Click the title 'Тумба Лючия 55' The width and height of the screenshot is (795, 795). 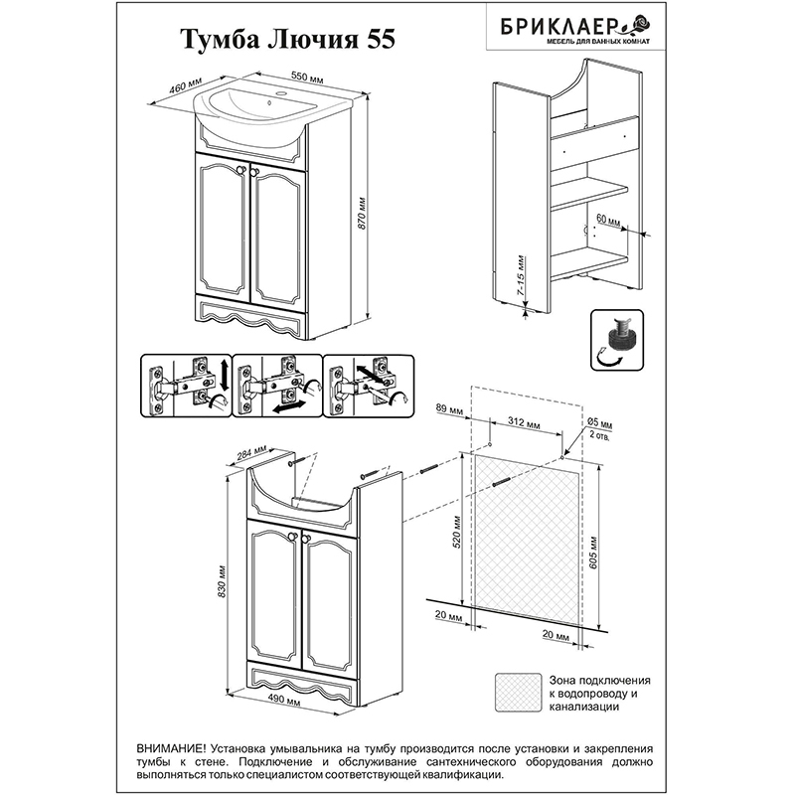[287, 40]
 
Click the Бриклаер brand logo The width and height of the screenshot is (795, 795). [575, 28]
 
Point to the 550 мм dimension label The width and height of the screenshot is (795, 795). [307, 78]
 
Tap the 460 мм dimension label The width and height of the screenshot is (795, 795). [185, 84]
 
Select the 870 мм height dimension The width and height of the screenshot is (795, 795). [362, 213]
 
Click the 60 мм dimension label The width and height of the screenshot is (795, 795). [608, 221]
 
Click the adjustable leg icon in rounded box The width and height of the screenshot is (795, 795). [617, 340]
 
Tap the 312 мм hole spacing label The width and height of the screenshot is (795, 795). [524, 423]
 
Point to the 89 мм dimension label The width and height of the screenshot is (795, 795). [449, 409]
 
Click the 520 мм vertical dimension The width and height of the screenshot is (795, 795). [457, 532]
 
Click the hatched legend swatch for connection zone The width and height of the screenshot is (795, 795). [519, 692]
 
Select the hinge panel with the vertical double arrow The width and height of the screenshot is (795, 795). [186, 386]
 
